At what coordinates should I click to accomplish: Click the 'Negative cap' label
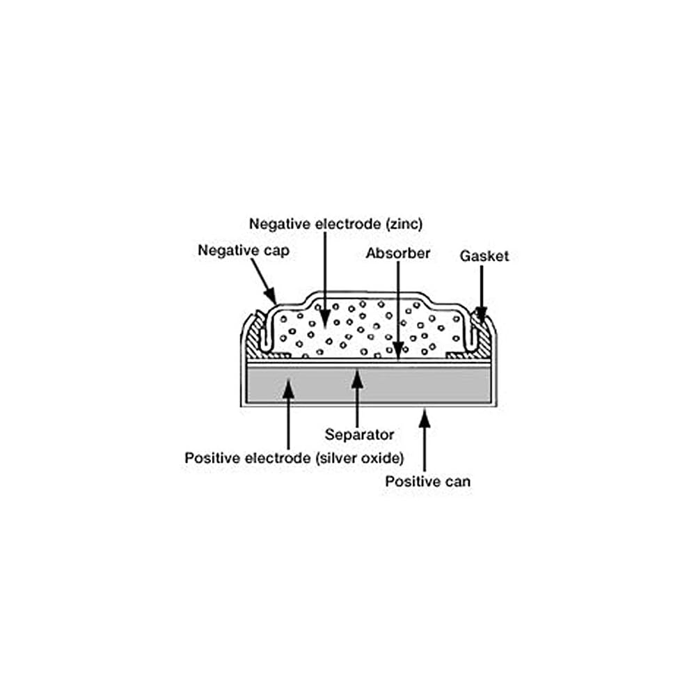coord(243,251)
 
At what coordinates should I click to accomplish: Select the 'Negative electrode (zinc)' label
coord(335,224)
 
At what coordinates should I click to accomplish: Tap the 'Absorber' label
coord(397,253)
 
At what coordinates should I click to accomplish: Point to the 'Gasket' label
coord(484,256)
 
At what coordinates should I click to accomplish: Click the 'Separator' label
coord(359,435)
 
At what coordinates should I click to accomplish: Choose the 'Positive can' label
coord(427,481)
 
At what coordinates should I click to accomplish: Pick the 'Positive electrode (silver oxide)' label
coord(294,458)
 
